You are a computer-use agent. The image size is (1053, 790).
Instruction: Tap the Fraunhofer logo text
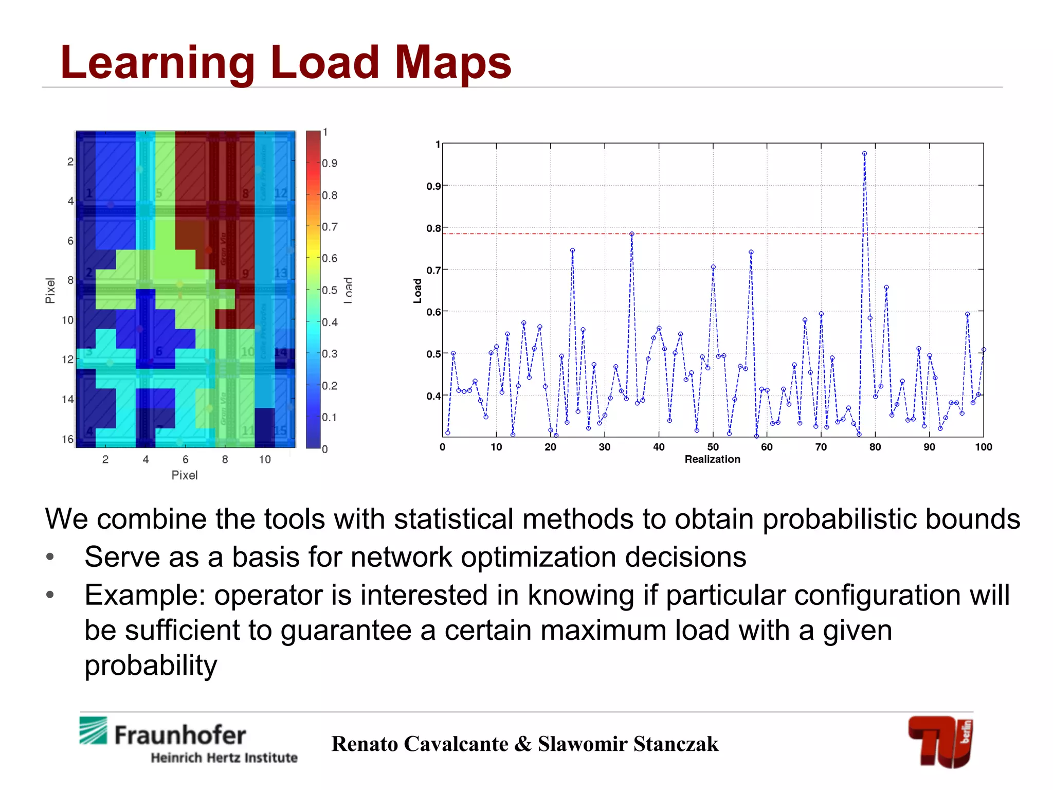click(180, 735)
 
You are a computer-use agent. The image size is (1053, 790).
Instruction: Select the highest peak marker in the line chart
click(864, 153)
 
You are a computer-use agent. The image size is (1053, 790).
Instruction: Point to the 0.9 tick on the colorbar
click(330, 164)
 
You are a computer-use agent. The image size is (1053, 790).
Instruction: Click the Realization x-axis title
click(712, 459)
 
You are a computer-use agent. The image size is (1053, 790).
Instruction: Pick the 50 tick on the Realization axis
click(713, 447)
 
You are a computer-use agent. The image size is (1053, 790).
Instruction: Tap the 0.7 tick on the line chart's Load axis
click(433, 270)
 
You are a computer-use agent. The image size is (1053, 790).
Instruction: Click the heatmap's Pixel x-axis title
click(184, 475)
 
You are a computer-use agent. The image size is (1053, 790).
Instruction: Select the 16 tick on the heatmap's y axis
click(67, 439)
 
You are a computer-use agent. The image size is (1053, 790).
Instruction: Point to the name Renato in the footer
click(365, 744)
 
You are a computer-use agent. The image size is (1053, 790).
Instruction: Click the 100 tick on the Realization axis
click(983, 447)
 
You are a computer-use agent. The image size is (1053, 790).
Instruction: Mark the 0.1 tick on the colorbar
click(330, 417)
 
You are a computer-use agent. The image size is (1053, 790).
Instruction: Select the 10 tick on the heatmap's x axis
click(264, 459)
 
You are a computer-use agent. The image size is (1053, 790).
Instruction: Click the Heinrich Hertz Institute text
click(224, 758)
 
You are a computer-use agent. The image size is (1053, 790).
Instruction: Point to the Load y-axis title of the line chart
click(417, 291)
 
